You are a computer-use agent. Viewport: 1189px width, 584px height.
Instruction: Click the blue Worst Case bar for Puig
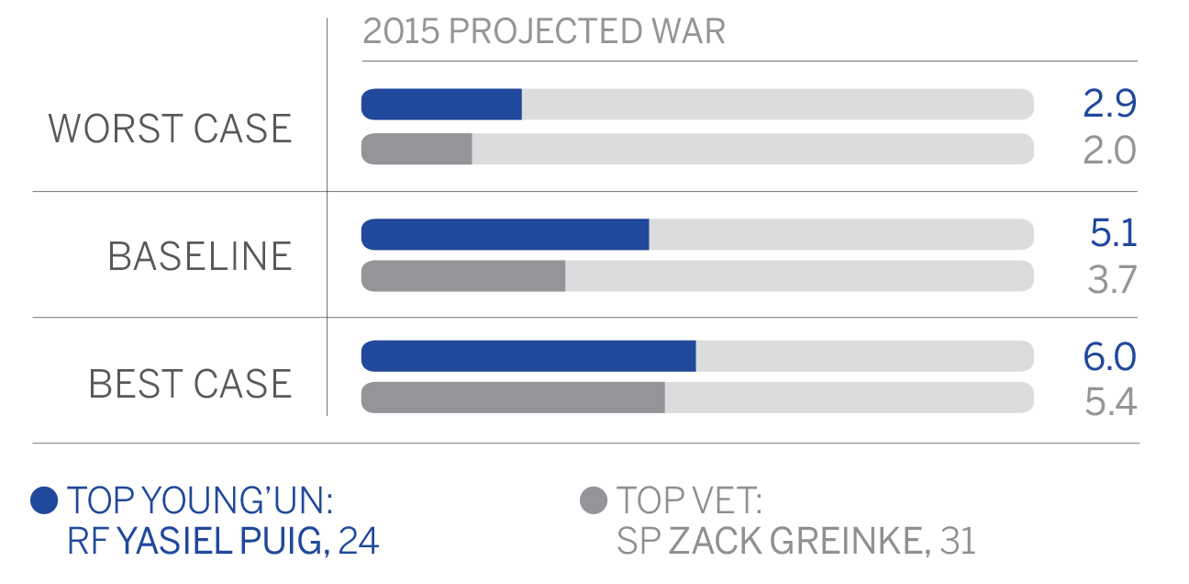pos(441,105)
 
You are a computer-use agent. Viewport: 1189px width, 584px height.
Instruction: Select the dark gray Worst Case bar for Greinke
pos(417,150)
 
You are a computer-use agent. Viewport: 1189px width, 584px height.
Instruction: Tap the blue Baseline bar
pos(505,234)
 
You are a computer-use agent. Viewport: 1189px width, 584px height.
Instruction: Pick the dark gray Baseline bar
pos(463,276)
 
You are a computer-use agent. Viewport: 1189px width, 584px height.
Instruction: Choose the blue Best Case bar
pos(528,356)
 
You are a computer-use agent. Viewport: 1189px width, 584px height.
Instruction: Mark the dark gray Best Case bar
pos(513,398)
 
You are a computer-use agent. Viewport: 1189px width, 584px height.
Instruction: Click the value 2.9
pos(1109,105)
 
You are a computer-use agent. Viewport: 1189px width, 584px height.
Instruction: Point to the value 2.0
pos(1109,150)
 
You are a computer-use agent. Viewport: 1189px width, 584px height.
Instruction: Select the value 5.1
pos(1113,234)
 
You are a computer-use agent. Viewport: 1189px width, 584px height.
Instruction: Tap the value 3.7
pos(1112,277)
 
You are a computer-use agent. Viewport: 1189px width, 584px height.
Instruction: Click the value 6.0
pos(1109,356)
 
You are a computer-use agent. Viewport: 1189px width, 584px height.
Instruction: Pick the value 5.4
pos(1110,400)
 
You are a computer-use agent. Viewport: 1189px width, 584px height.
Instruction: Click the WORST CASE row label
pos(171,129)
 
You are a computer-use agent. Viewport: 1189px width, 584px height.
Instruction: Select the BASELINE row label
pos(200,256)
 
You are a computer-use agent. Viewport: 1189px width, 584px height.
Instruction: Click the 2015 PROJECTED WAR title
pos(544,32)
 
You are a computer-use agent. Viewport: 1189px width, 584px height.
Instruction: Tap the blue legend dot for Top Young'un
pos(44,500)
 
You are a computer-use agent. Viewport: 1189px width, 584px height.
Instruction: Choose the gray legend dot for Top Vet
pos(594,501)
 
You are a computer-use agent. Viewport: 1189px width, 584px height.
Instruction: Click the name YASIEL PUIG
pos(223,542)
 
